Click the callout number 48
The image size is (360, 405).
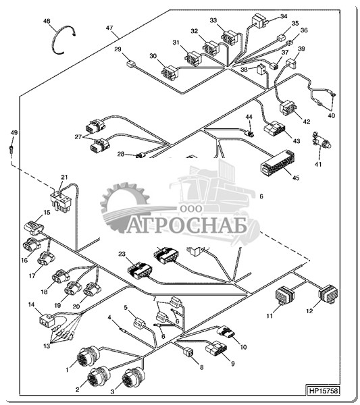pyautogui.click(x=47, y=21)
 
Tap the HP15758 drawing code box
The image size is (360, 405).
pyautogui.click(x=323, y=390)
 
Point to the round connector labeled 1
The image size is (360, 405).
pyautogui.click(x=87, y=356)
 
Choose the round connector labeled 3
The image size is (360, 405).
pyautogui.click(x=132, y=378)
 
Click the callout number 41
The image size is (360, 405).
pyautogui.click(x=318, y=164)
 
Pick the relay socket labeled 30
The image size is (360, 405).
pyautogui.click(x=170, y=73)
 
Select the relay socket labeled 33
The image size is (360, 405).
pyautogui.click(x=230, y=37)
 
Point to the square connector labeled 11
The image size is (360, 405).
pyautogui.click(x=285, y=296)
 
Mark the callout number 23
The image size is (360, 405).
pyautogui.click(x=122, y=254)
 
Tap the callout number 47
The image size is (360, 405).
pyautogui.click(x=109, y=28)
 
